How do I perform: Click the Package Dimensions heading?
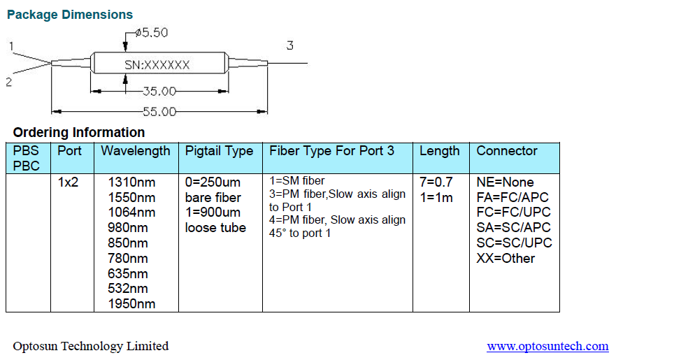pos(70,14)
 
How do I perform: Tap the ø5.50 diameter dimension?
pos(152,32)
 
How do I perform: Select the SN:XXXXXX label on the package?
pos(157,64)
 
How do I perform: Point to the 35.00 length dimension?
pos(159,91)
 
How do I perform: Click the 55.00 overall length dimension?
pos(159,111)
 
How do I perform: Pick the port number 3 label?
pos(289,46)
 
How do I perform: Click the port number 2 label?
pos(9,82)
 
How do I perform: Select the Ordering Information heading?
pos(79,132)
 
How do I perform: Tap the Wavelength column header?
pos(135,151)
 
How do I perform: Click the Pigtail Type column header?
pos(219,151)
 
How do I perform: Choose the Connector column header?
pos(507,151)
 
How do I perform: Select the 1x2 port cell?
pos(69,182)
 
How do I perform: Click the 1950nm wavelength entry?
pos(131,304)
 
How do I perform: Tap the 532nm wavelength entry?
pos(128,289)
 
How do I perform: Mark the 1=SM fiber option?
pos(296,181)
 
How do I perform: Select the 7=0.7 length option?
pos(436,182)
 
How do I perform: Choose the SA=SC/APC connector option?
pos(513,228)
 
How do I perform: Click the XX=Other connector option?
pos(506,259)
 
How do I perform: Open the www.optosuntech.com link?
pos(547,346)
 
